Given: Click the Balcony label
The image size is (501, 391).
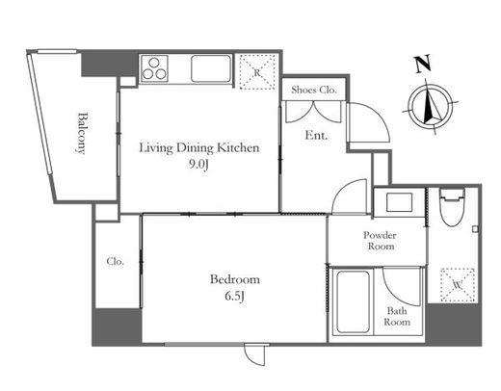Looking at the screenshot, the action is coord(82,133).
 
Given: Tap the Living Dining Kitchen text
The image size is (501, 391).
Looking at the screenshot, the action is coord(199,148).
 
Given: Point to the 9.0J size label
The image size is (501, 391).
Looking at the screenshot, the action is coord(198,165).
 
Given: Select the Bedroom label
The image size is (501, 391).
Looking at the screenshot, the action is coord(235,279).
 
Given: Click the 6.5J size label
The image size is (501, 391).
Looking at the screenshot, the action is coord(235,297).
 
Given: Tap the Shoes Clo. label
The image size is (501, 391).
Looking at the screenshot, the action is coord(314,90).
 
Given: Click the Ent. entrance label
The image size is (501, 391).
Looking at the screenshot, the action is coord(316,135).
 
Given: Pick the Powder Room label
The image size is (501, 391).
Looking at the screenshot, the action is coord(380,241).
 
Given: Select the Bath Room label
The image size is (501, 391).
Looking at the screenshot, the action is coord(397,316).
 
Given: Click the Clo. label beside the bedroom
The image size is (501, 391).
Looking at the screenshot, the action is coord(115,262).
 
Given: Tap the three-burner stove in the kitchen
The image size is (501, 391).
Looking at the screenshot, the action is coord(154,68).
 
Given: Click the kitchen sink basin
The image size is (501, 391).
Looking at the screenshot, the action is coord(211,68).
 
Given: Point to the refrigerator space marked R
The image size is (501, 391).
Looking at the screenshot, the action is coord(257,71).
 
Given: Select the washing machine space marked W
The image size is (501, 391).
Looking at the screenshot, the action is coord(458,284).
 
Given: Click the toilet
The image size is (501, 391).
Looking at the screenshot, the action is coord(452,208).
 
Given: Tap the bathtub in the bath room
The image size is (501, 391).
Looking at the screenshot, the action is coord(353,302).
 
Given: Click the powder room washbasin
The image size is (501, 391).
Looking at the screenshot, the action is coord(399,202).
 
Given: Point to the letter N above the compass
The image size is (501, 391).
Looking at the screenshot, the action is coord(422,64).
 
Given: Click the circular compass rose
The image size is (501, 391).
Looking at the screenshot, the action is coord(431,106).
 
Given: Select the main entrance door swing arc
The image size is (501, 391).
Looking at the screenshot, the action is coord(378,114).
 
